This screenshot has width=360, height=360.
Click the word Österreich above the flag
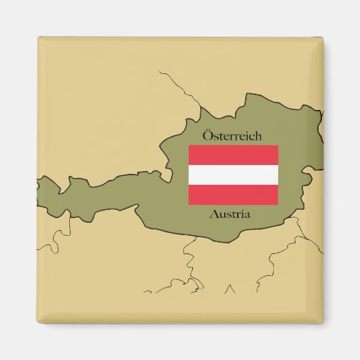click(232, 136)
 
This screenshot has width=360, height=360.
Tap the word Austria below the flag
click(231, 215)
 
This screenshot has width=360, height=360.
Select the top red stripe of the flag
click(233, 155)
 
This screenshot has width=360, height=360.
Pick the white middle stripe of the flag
click(233, 175)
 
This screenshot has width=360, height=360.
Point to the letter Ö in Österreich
click(207, 135)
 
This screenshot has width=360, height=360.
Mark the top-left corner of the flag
click(189, 145)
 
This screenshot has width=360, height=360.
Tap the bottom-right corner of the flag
click(278, 204)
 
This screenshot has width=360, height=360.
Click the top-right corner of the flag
click(278, 145)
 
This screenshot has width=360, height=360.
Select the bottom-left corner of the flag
click(189, 204)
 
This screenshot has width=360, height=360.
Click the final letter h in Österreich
click(257, 136)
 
